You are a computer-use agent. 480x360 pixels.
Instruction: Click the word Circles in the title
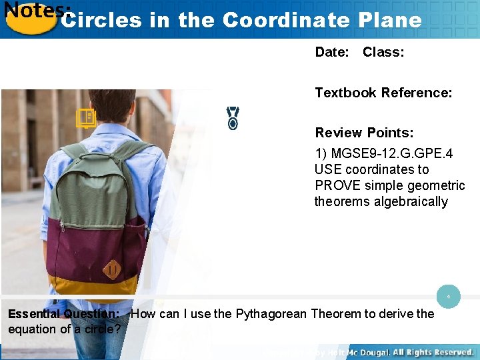tap(101, 20)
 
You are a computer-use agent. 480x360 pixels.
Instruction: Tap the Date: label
tap(332, 52)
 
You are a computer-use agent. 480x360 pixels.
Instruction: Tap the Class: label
tap(383, 52)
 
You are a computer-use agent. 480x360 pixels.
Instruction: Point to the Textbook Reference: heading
tap(383, 93)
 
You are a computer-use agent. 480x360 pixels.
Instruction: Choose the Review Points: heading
tap(364, 133)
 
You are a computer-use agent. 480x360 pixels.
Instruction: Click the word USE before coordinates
tap(328, 169)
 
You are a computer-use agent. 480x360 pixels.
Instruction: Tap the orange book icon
tap(85, 119)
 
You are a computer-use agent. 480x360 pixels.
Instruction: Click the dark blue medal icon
tap(233, 117)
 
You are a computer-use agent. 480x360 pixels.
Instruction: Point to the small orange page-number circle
tap(449, 295)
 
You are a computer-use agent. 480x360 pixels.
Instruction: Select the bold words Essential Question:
tap(63, 314)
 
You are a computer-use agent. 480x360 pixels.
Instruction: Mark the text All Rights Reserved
tap(434, 352)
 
